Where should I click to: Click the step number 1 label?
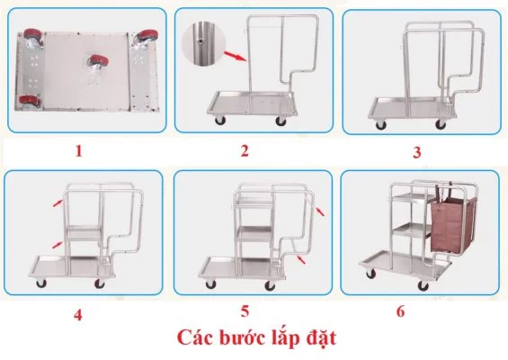pyautogui.click(x=79, y=150)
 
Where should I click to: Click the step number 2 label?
pyautogui.click(x=244, y=149)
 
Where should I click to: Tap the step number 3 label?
pyautogui.click(x=416, y=152)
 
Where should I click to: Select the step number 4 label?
pyautogui.click(x=78, y=315)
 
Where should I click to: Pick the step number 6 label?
pyautogui.click(x=401, y=311)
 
